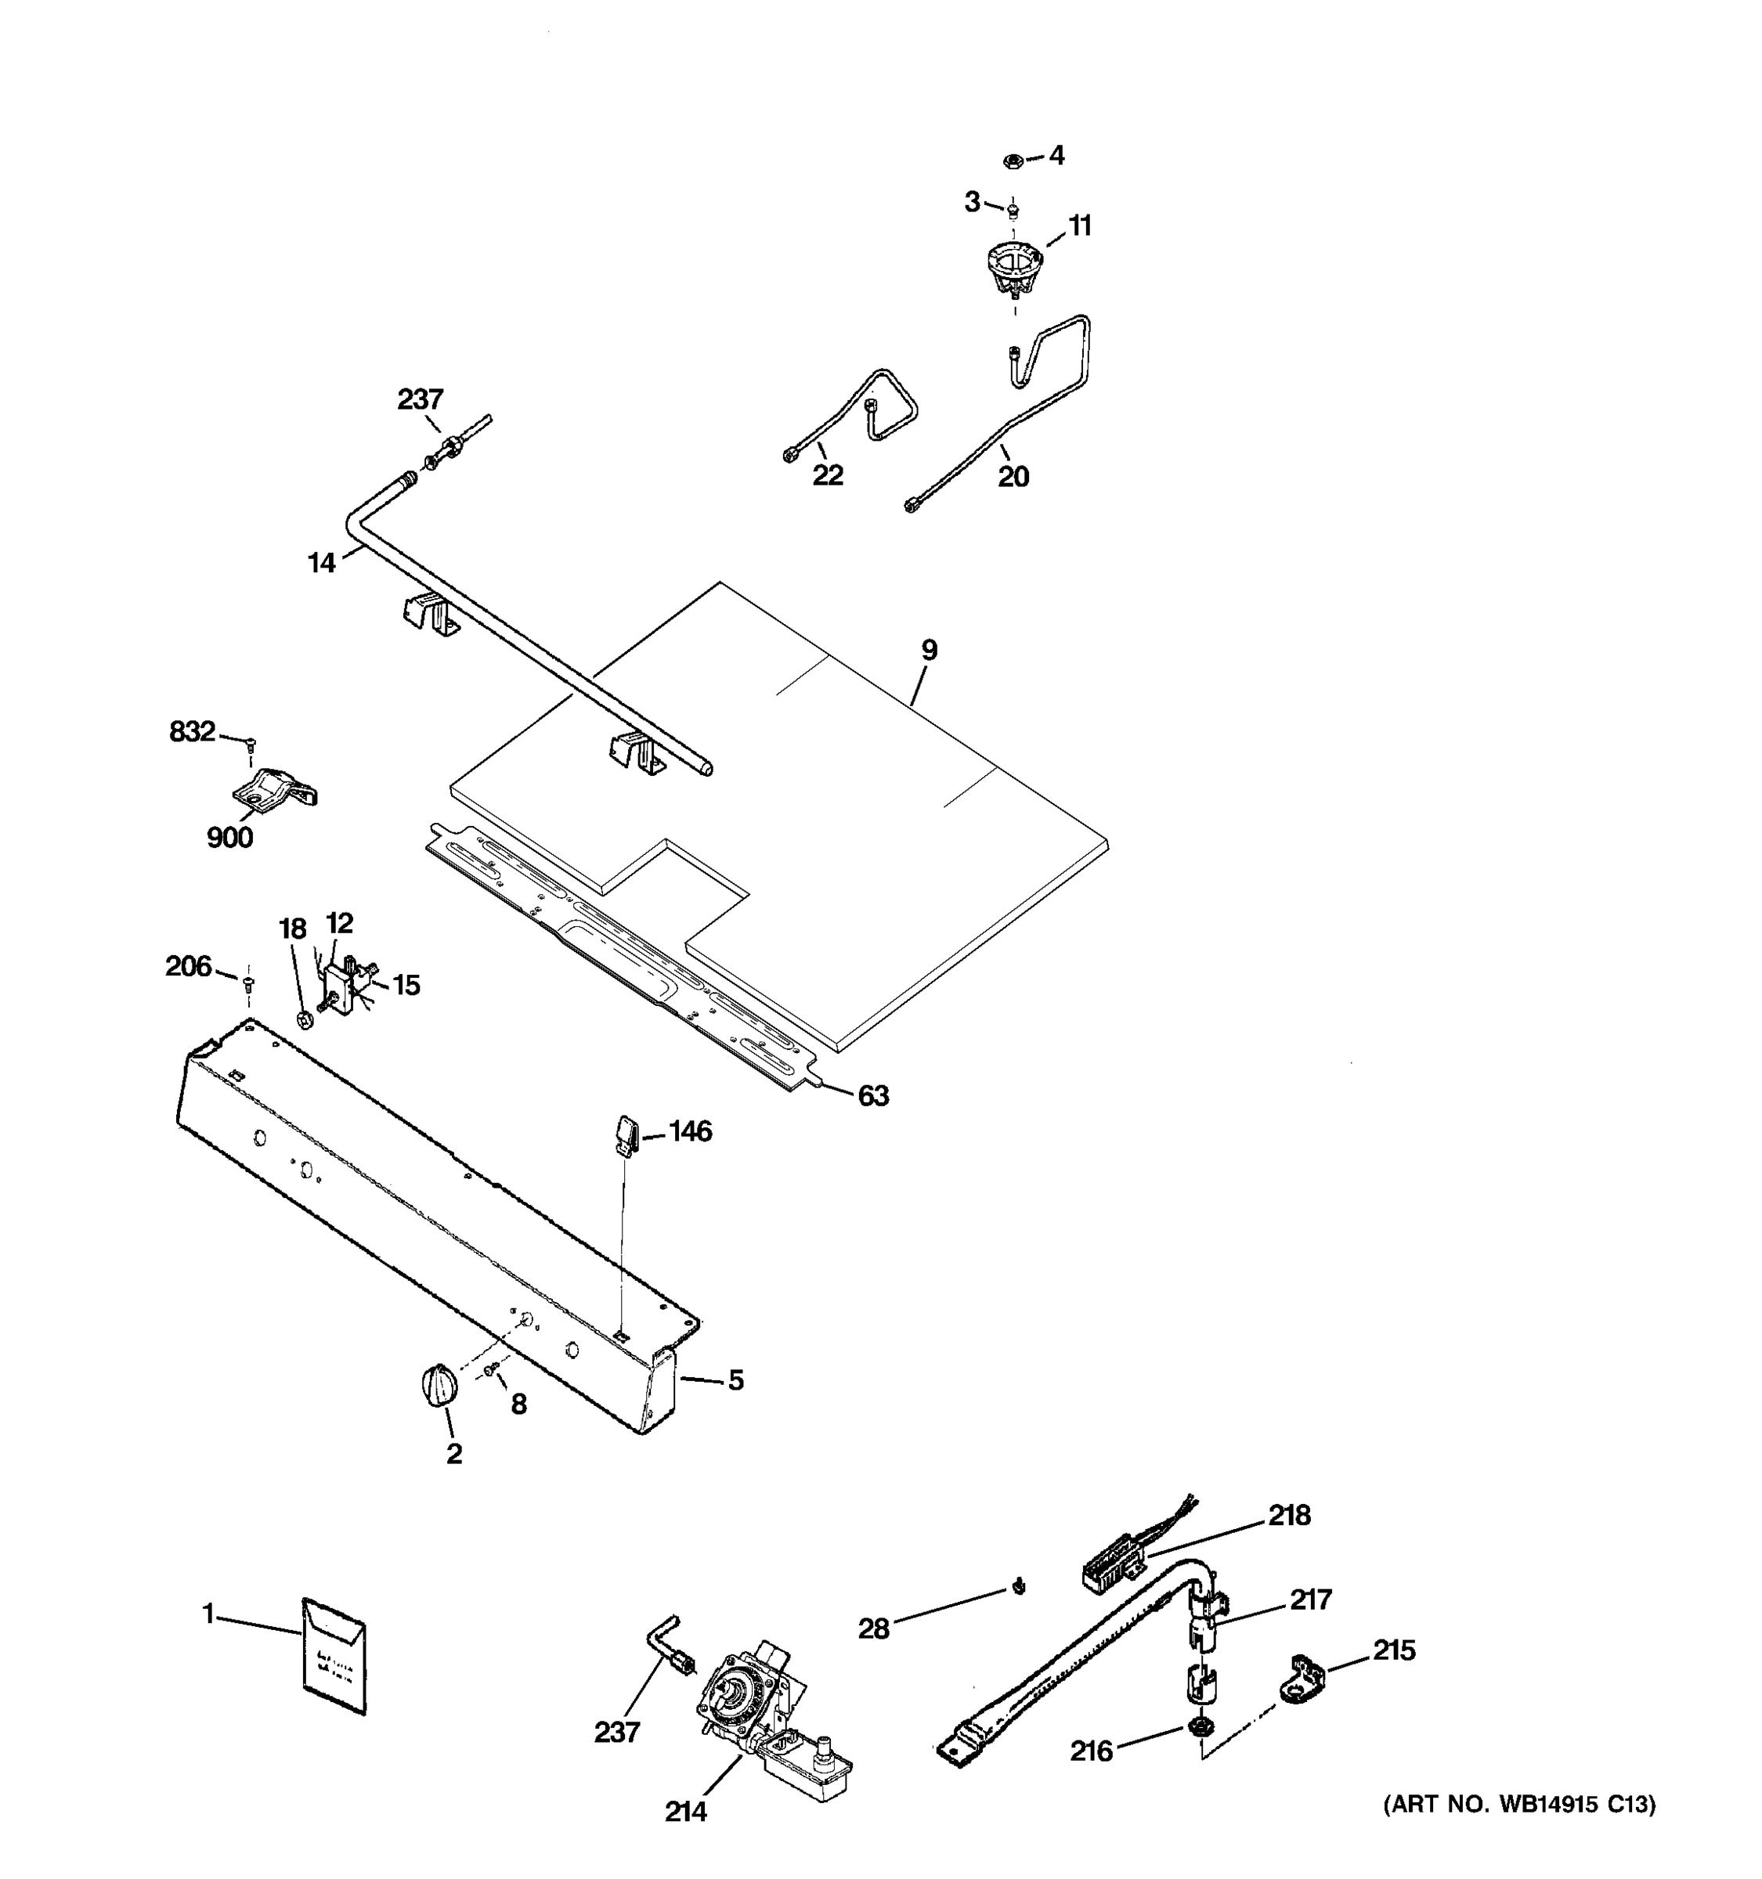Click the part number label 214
coord(685,1811)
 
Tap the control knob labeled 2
coord(439,1387)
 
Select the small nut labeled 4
coord(1010,160)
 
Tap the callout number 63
coord(872,1095)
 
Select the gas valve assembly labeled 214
coord(756,1718)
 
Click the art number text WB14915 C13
coord(1519,1805)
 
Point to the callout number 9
coord(930,651)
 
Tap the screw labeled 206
coord(248,984)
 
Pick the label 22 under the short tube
coord(827,475)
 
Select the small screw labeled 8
coord(490,1369)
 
